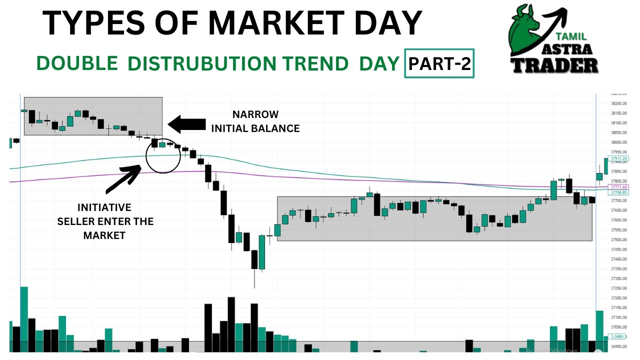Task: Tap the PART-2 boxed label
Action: [x=439, y=63]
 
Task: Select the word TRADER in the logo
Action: [x=555, y=65]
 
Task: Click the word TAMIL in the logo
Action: [x=571, y=36]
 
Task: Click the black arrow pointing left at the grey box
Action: [x=187, y=124]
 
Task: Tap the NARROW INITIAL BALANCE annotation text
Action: [x=255, y=121]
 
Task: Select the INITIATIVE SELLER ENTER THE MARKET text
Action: [x=104, y=221]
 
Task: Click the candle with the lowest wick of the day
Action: [x=254, y=260]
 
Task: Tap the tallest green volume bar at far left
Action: [x=24, y=319]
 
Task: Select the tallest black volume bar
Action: [x=231, y=324]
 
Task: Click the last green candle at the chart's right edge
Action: [x=606, y=166]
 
